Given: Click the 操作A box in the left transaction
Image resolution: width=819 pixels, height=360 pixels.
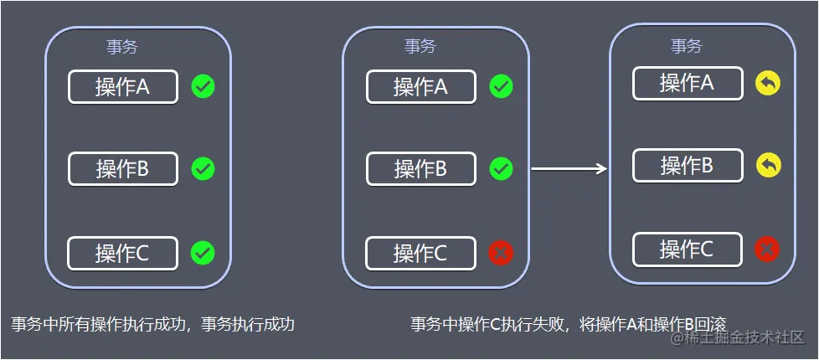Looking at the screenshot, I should pyautogui.click(x=122, y=86).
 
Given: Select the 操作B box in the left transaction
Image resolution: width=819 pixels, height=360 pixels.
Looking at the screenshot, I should pyautogui.click(x=122, y=168).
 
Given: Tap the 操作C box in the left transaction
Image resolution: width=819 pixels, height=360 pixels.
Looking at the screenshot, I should pyautogui.click(x=122, y=253).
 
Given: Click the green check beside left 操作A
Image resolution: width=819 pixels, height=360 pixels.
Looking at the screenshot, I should pyautogui.click(x=203, y=85).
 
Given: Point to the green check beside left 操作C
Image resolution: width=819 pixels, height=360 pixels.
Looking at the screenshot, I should pyautogui.click(x=203, y=252).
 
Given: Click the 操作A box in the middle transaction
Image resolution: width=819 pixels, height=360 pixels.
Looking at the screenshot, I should pyautogui.click(x=420, y=86).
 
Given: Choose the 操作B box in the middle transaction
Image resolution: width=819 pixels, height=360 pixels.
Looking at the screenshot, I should pyautogui.click(x=420, y=168).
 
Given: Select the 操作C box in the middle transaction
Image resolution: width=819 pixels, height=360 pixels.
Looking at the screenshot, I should pyautogui.click(x=420, y=253).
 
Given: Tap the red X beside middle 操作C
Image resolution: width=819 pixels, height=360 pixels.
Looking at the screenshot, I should pyautogui.click(x=501, y=252).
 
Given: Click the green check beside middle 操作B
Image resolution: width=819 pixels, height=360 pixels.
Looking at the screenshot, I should pyautogui.click(x=501, y=168).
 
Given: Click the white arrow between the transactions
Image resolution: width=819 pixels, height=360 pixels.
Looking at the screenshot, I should pyautogui.click(x=569, y=169).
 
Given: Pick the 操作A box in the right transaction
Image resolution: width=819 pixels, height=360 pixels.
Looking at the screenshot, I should pyautogui.click(x=687, y=83).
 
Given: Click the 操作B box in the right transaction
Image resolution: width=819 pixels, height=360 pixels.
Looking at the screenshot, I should pyautogui.click(x=687, y=165).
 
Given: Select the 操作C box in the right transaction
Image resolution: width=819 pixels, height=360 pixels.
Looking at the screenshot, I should pyautogui.click(x=687, y=249).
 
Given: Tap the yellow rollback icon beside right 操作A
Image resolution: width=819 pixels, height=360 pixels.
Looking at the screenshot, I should pyautogui.click(x=767, y=82).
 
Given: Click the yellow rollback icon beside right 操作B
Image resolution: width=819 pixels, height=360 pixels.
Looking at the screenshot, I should pyautogui.click(x=767, y=165).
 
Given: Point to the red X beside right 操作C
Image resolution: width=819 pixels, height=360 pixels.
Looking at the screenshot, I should pyautogui.click(x=767, y=249).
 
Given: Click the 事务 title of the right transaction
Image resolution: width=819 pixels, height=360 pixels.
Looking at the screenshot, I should pyautogui.click(x=686, y=46).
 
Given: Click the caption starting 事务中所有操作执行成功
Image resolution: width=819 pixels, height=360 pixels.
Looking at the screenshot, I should pyautogui.click(x=152, y=324).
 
